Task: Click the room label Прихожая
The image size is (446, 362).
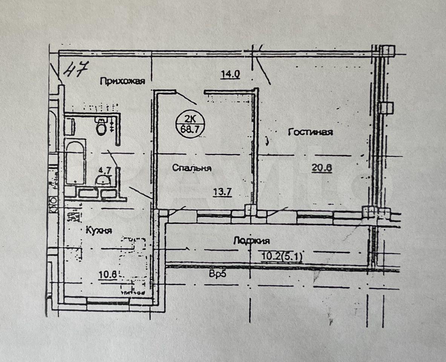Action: click(x=122, y=81)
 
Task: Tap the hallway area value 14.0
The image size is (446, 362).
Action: click(x=230, y=74)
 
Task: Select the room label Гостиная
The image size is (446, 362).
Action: click(x=310, y=132)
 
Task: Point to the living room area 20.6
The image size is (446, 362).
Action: click(x=321, y=168)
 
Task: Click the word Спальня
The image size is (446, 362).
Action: click(x=192, y=168)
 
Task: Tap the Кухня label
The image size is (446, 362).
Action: click(x=99, y=230)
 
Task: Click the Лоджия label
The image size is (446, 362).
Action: click(x=251, y=241)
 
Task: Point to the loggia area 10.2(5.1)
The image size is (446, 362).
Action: click(x=281, y=256)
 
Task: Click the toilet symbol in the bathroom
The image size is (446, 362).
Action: click(x=101, y=127)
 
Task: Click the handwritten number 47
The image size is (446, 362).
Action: click(x=75, y=70)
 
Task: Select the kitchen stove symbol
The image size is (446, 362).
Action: click(x=75, y=217)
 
